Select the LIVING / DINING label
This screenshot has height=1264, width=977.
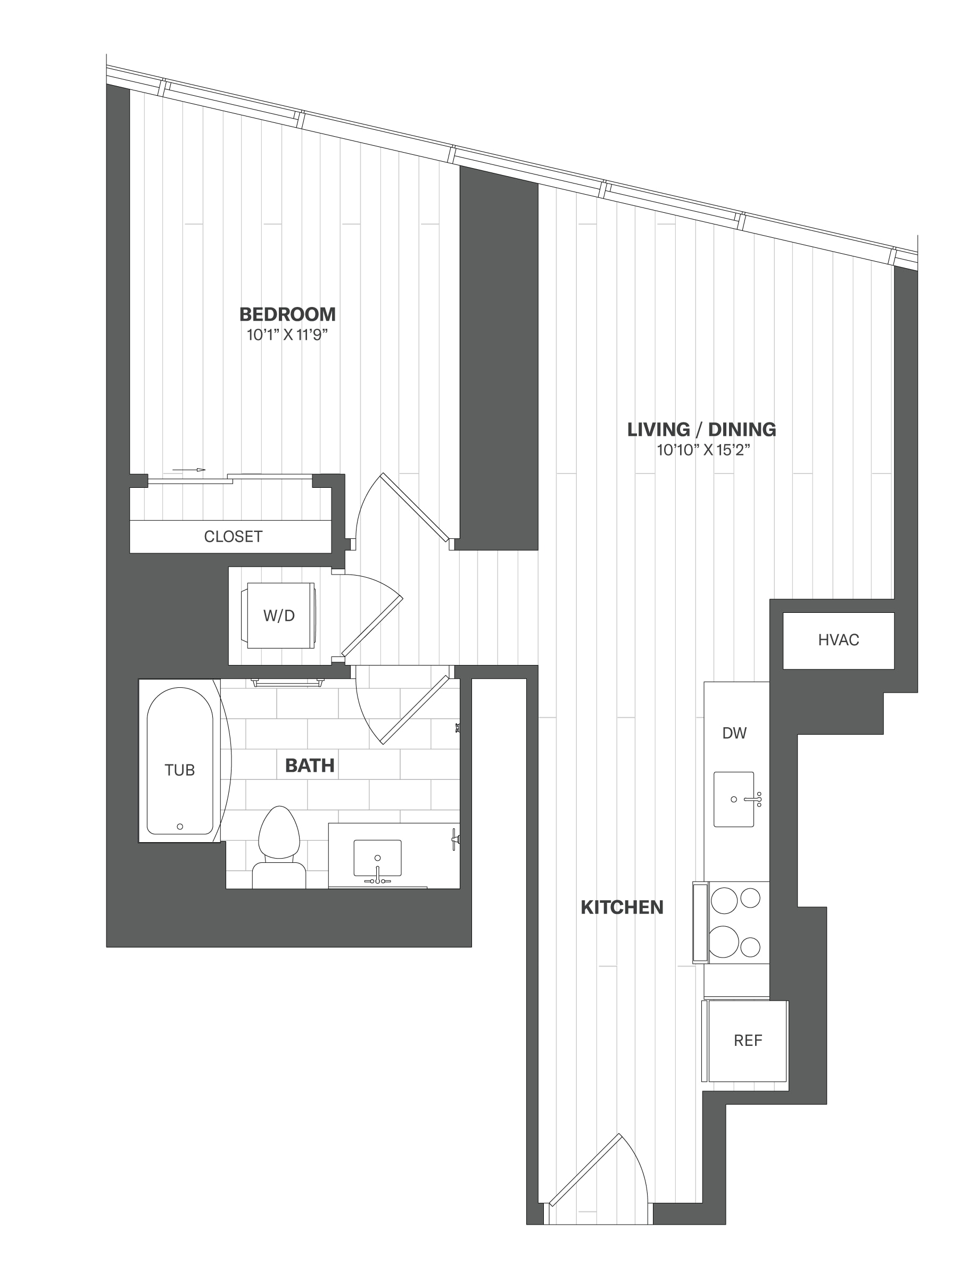point(701,429)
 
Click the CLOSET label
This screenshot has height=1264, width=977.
point(233,536)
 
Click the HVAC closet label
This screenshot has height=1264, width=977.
point(839,639)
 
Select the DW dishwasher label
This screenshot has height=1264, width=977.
point(734,733)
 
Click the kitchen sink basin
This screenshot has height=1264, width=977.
point(734,799)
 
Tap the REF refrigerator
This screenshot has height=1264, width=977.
point(746,1041)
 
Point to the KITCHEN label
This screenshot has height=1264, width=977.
point(622,907)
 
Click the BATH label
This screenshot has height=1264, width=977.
point(310,766)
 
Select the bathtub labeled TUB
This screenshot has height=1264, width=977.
point(180,761)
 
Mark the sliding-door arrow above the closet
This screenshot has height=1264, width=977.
point(189,469)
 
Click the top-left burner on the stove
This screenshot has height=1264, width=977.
point(724,900)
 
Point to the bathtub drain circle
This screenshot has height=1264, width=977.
point(180,827)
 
